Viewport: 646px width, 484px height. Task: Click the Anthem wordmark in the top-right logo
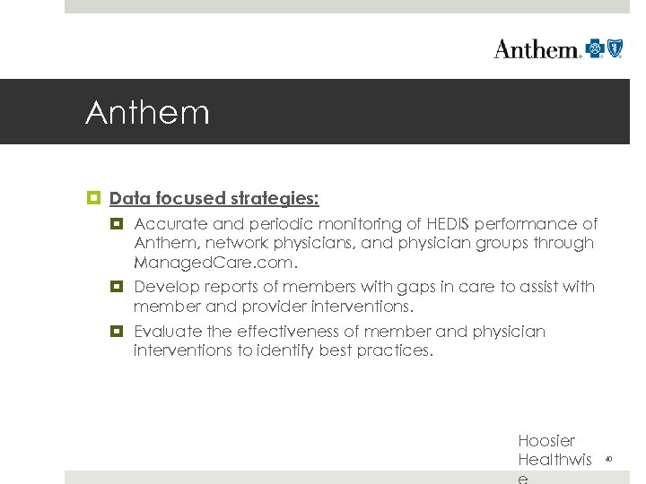[x=537, y=48]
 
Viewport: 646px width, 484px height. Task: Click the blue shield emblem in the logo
[x=615, y=48]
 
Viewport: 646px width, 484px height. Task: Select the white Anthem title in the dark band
[x=147, y=113]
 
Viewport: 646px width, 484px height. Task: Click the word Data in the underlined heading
[x=129, y=197]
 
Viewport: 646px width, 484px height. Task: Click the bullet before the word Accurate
[x=117, y=224]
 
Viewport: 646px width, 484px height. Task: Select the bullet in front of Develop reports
[x=117, y=287]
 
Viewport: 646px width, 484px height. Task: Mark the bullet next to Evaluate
[x=117, y=332]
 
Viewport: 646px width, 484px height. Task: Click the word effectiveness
[x=280, y=332]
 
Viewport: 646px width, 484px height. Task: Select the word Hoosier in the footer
[x=546, y=441]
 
